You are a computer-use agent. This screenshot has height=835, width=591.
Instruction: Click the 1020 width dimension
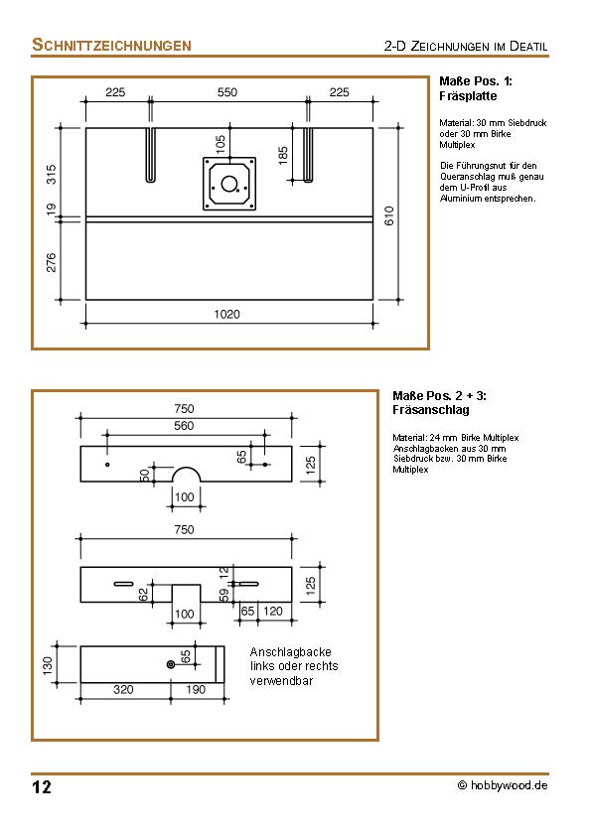click(x=227, y=314)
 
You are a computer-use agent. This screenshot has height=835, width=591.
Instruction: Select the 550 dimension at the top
click(x=227, y=92)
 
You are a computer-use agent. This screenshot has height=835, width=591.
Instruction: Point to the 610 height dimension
click(x=390, y=215)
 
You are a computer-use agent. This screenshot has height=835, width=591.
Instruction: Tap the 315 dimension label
click(x=52, y=174)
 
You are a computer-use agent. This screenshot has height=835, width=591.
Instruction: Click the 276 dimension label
click(x=52, y=261)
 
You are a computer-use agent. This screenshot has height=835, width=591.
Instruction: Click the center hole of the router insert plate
click(x=230, y=184)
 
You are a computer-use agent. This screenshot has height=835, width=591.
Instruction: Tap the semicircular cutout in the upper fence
click(x=185, y=474)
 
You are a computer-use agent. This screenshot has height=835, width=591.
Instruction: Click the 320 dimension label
click(x=123, y=689)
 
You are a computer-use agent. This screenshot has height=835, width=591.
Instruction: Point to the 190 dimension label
click(x=195, y=689)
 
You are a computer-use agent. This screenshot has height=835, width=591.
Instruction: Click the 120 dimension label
click(x=274, y=613)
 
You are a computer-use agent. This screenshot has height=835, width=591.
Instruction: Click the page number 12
click(x=42, y=788)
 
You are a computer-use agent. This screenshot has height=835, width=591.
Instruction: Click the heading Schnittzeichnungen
click(x=111, y=45)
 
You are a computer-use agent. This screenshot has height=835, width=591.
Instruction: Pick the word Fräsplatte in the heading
click(x=468, y=96)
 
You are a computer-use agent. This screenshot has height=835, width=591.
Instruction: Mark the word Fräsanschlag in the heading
click(x=431, y=409)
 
